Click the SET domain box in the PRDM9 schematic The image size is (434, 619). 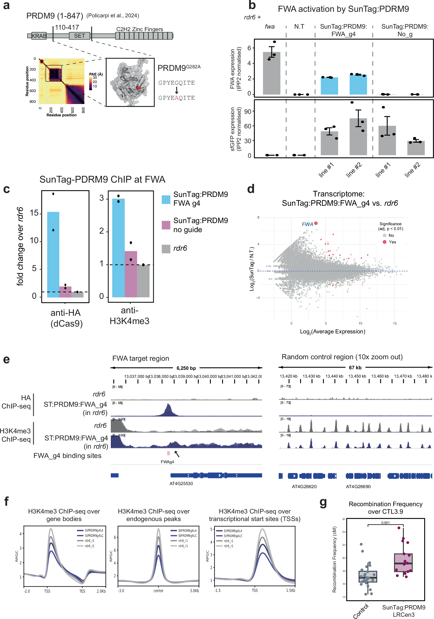pyautogui.click(x=79, y=36)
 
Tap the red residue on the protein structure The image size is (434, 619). pyautogui.click(x=138, y=87)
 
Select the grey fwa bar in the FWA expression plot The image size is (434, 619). pyautogui.click(x=271, y=73)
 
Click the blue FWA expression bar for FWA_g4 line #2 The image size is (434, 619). pyautogui.click(x=358, y=84)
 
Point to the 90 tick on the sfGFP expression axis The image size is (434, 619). pyautogui.click(x=248, y=111)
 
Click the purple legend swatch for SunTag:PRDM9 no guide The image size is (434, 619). pyautogui.click(x=166, y=225)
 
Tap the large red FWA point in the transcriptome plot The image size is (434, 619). pyautogui.click(x=316, y=223)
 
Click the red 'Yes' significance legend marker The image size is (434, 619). pyautogui.click(x=384, y=242)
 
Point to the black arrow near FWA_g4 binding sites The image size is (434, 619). pyautogui.click(x=177, y=454)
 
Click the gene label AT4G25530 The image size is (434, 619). pyautogui.click(x=181, y=483)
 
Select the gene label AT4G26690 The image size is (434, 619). pyautogui.click(x=358, y=486)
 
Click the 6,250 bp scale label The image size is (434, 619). pyautogui.click(x=186, y=368)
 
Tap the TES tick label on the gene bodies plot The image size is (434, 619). pyautogui.click(x=82, y=591)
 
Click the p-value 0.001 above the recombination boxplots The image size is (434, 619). pyautogui.click(x=385, y=523)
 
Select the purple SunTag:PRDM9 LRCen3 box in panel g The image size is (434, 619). pyautogui.click(x=403, y=563)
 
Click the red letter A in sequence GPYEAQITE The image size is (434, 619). pyautogui.click(x=177, y=98)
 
